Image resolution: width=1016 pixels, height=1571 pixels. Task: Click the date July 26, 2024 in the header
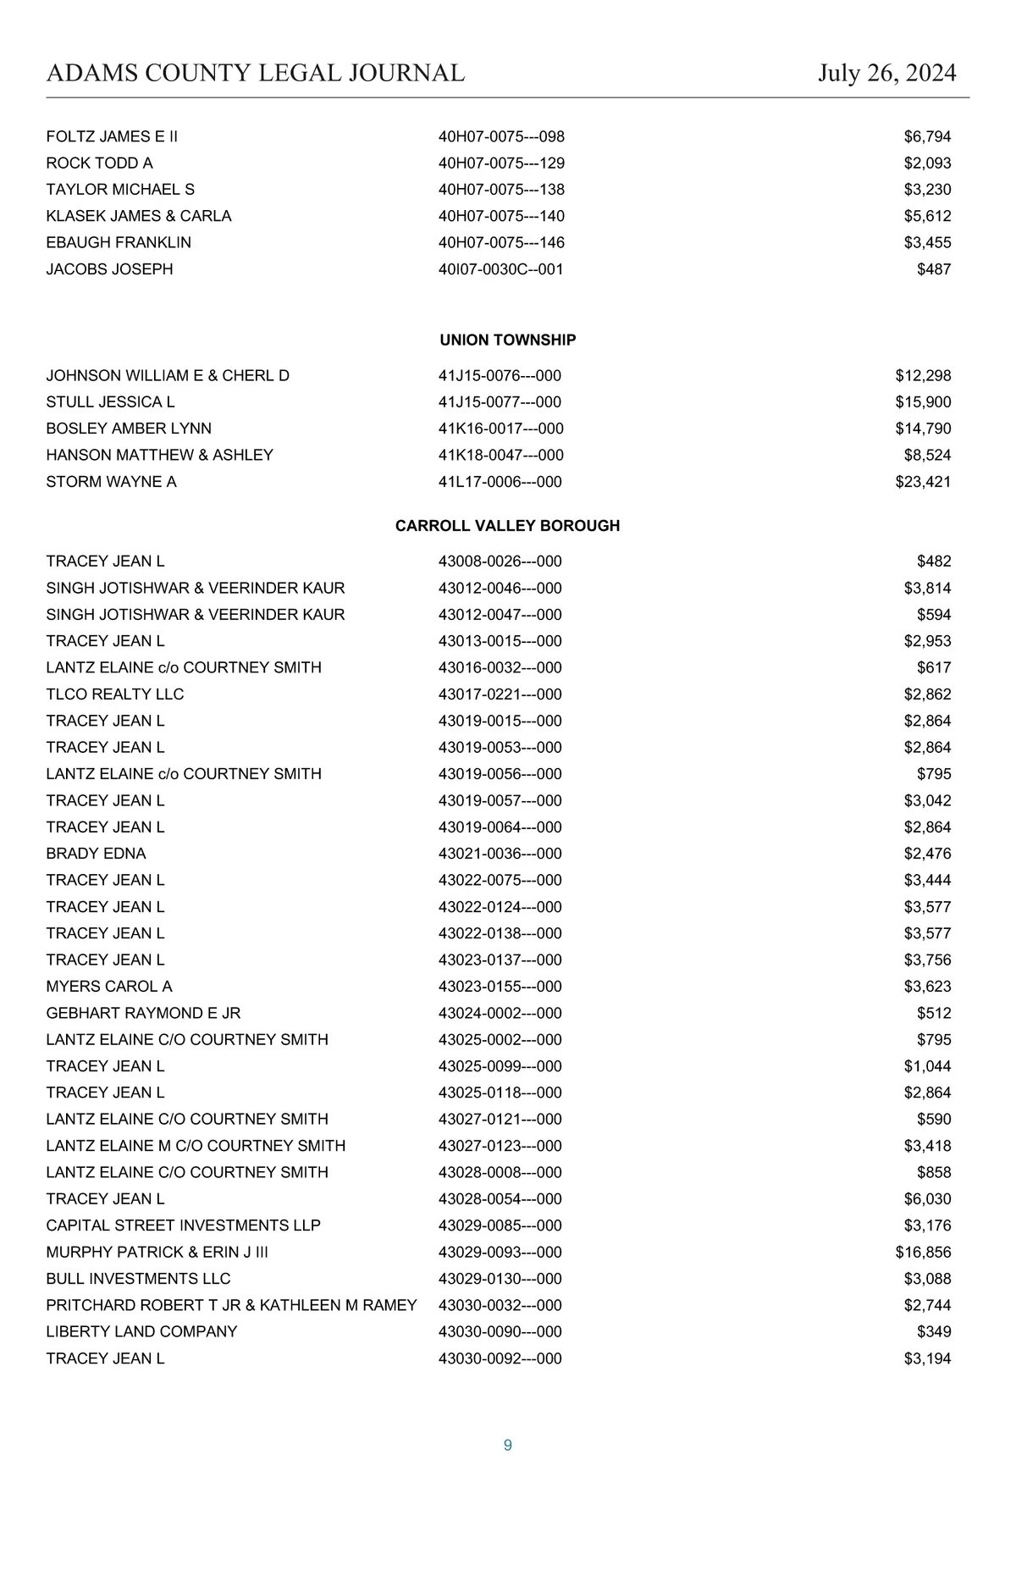point(886,74)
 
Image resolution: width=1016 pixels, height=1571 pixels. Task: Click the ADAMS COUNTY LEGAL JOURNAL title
point(256,74)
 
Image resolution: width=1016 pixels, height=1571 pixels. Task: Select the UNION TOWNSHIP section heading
point(508,340)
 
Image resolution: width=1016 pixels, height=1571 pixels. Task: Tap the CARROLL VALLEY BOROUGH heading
point(508,526)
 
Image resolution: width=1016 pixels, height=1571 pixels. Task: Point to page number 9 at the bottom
point(508,1446)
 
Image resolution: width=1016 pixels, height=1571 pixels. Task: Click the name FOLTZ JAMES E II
point(112,137)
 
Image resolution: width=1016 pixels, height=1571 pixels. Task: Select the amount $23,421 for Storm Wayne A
point(923,482)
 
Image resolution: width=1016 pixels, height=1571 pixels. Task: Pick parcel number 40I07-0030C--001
point(501,269)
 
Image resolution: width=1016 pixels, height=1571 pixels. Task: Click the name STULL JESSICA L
point(110,402)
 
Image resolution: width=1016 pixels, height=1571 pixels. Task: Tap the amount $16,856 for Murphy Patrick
point(923,1253)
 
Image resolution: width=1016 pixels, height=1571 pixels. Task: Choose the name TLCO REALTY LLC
point(115,694)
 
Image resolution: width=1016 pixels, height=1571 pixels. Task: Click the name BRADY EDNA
point(96,854)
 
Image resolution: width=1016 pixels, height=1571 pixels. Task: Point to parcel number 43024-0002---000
point(500,1014)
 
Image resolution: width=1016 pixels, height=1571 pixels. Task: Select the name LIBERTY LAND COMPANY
point(141,1332)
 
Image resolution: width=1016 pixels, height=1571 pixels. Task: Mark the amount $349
point(934,1332)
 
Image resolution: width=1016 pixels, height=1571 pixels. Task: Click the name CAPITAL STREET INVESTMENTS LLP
point(184,1225)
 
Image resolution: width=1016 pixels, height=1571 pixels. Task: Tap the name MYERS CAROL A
point(109,987)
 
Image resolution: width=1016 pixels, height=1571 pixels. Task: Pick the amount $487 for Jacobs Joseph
point(934,269)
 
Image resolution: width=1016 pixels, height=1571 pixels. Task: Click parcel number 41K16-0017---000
point(501,429)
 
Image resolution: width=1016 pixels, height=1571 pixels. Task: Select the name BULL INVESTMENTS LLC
point(138,1279)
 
